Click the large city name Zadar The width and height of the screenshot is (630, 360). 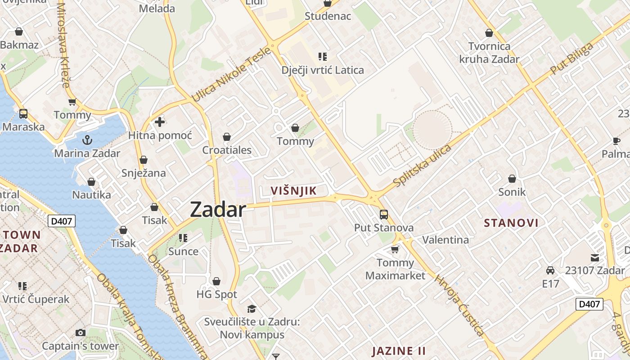[218, 210]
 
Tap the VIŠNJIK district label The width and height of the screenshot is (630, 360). [293, 191]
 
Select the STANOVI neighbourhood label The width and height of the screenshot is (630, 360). [511, 223]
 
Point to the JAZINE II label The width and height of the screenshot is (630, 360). [399, 351]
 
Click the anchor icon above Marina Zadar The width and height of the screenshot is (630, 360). [87, 140]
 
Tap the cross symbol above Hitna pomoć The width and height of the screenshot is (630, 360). [160, 122]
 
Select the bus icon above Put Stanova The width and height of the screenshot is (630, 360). [383, 215]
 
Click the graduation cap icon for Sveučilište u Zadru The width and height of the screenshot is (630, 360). [252, 309]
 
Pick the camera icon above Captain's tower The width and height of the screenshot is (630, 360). [81, 333]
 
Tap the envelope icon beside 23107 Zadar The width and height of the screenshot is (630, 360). [595, 258]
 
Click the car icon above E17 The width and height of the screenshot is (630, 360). [550, 270]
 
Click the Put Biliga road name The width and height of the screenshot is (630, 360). [571, 59]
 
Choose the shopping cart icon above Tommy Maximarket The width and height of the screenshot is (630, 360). [395, 249]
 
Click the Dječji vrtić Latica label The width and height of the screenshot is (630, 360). [322, 70]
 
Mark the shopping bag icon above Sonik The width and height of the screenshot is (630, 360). [512, 179]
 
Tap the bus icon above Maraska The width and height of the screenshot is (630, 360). [23, 114]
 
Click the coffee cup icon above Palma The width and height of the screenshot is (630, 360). [616, 141]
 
